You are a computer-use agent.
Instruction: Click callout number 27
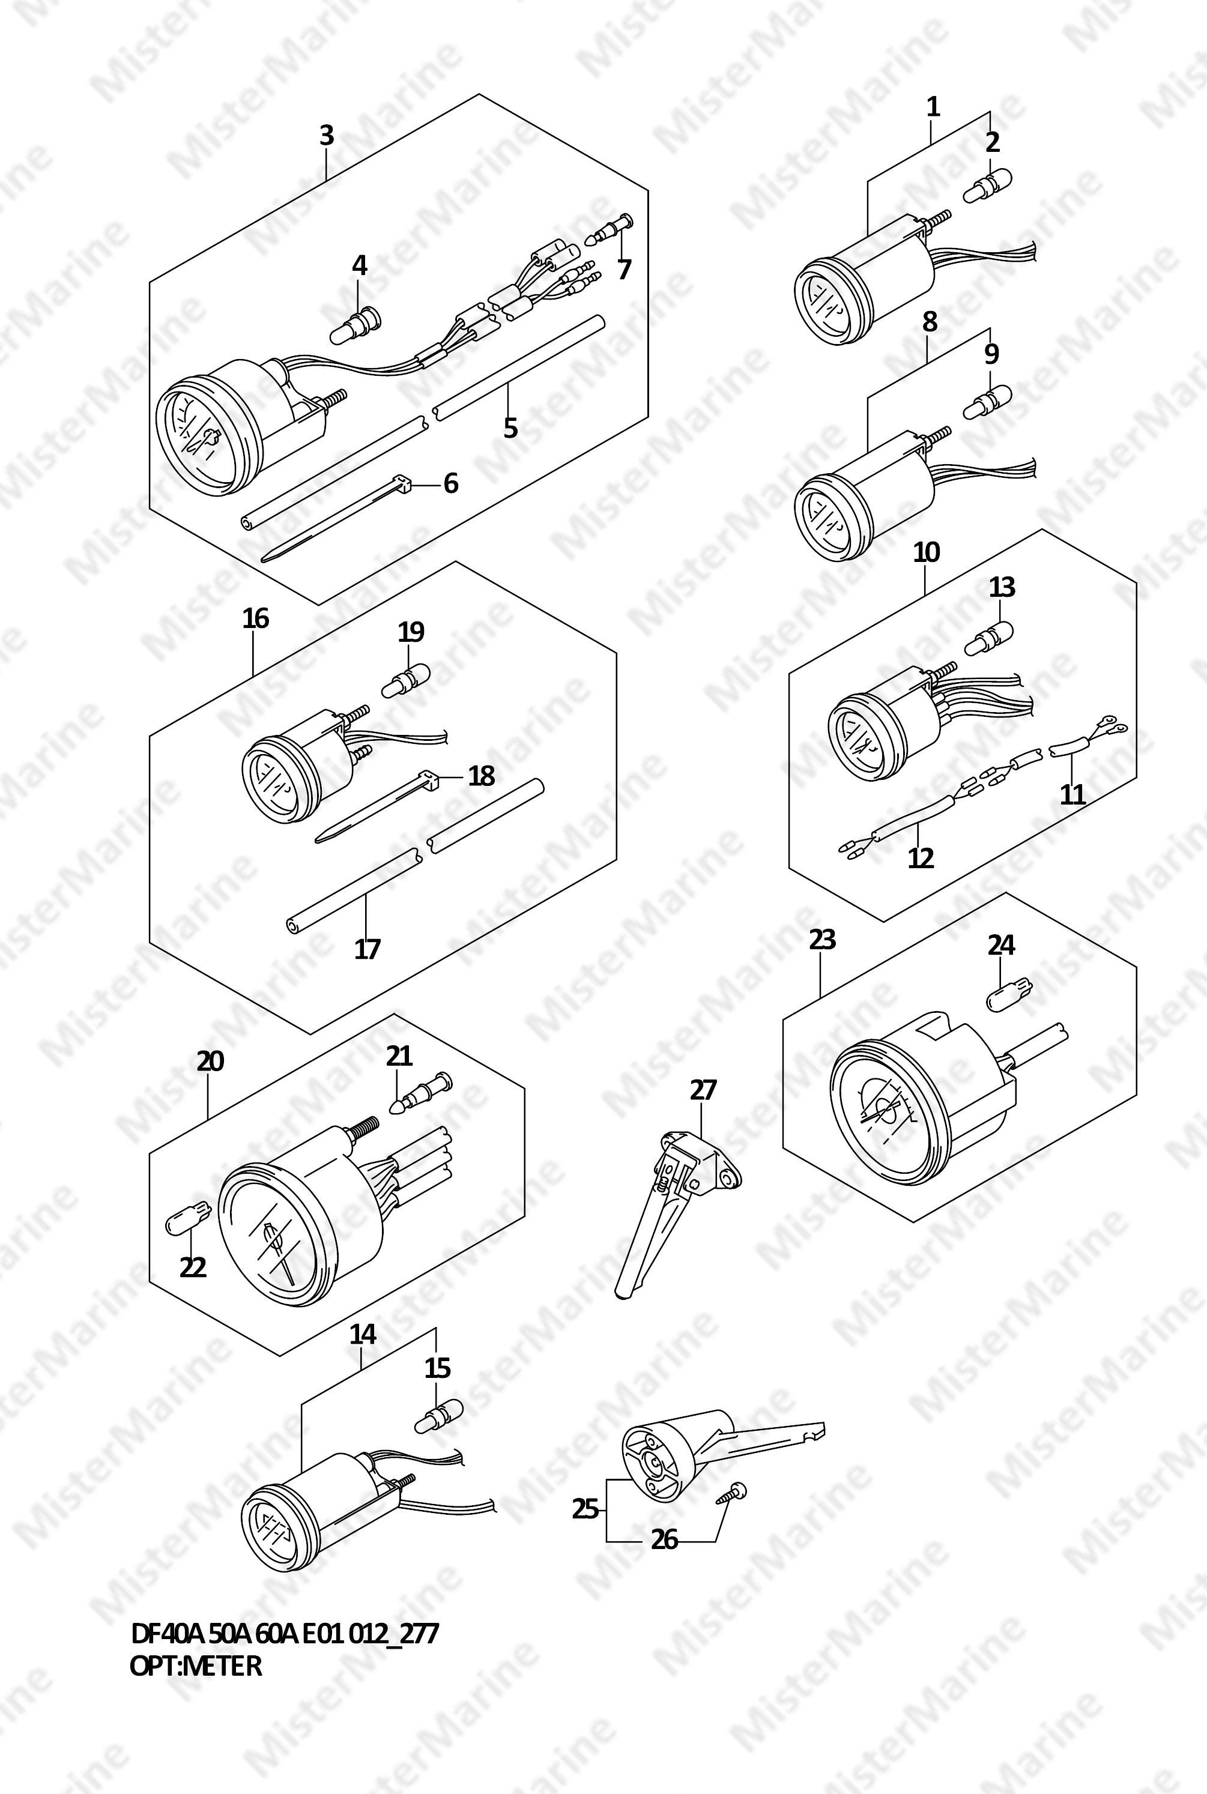click(x=703, y=1090)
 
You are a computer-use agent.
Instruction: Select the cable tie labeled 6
click(x=336, y=519)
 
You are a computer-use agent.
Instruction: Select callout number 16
click(x=256, y=617)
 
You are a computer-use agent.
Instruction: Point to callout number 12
click(x=921, y=857)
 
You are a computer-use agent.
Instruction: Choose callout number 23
click(x=822, y=939)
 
